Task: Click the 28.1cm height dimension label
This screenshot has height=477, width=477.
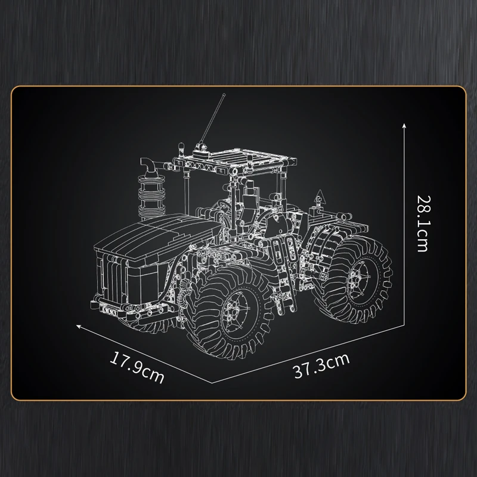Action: [423, 224]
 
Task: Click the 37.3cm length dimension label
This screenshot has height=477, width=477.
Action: [321, 366]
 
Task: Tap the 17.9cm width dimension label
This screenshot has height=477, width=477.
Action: [137, 367]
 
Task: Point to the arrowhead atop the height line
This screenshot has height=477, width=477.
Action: [404, 126]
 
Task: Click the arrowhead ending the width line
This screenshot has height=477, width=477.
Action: [79, 326]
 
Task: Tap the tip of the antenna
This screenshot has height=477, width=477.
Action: [225, 95]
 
